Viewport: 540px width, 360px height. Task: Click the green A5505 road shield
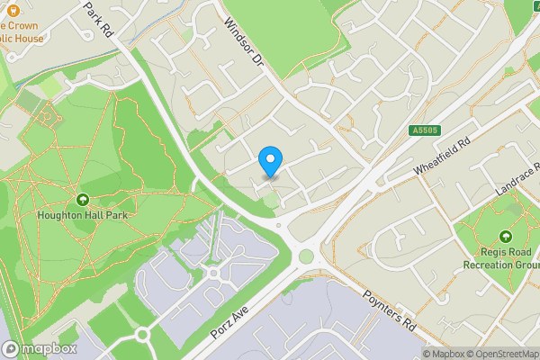click(x=427, y=130)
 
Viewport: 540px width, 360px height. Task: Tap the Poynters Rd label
click(x=388, y=308)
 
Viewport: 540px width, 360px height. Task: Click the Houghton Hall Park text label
click(x=83, y=216)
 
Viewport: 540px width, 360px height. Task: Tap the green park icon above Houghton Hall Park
click(x=83, y=199)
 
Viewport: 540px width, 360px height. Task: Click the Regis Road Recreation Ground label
click(x=500, y=258)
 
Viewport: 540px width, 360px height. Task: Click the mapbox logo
click(x=39, y=348)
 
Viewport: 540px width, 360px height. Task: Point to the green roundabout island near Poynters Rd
click(x=306, y=257)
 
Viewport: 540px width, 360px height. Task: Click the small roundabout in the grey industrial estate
click(x=213, y=273)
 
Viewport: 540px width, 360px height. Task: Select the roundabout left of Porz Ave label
click(x=142, y=336)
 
